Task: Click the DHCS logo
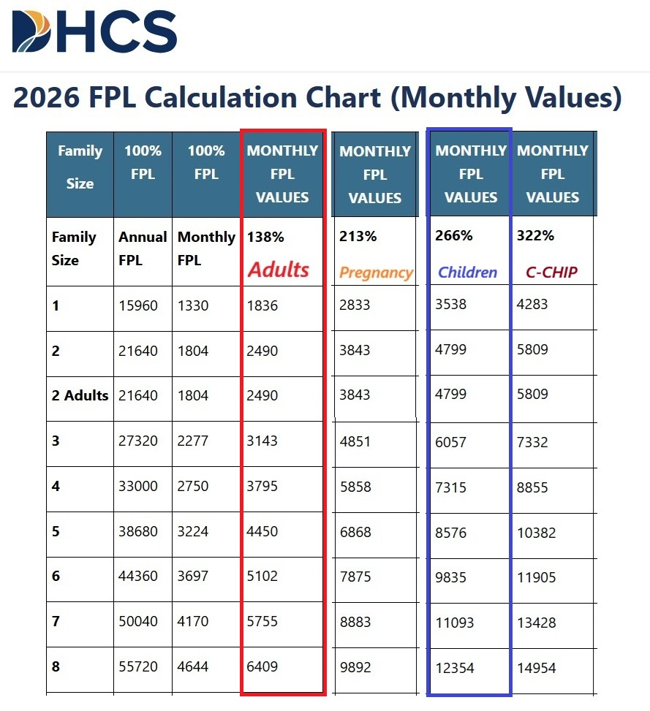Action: click(x=94, y=32)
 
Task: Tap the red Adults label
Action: click(x=278, y=270)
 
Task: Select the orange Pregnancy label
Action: click(x=376, y=273)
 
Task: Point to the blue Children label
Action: click(x=467, y=273)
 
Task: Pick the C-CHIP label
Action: click(x=551, y=273)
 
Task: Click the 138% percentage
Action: click(x=265, y=237)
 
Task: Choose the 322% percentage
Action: click(x=535, y=236)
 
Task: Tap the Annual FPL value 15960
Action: click(x=138, y=305)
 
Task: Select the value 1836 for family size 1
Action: click(x=262, y=305)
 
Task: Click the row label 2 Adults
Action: click(x=80, y=395)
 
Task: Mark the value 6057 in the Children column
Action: click(x=450, y=442)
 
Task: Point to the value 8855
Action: click(x=532, y=487)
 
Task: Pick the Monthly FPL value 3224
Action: click(x=193, y=531)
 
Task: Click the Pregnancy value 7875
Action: click(x=355, y=577)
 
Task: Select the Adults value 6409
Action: click(x=262, y=666)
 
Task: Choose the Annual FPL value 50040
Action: click(x=138, y=621)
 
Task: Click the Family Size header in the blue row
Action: click(x=80, y=167)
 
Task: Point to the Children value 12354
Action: click(x=455, y=668)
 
